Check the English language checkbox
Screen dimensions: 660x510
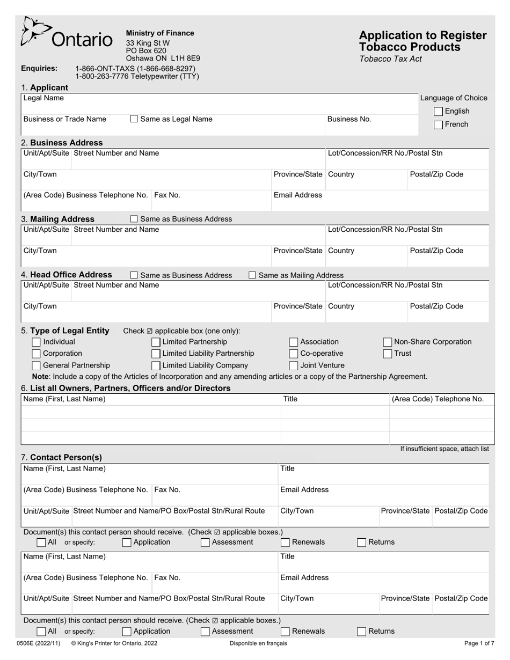click(439, 112)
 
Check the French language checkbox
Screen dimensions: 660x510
click(439, 125)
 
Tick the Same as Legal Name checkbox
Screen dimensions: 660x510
click(134, 119)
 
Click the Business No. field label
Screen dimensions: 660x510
click(349, 119)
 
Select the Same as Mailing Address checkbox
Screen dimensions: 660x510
click(252, 275)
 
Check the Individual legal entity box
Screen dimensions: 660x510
click(36, 342)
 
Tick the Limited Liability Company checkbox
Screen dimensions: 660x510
click(156, 365)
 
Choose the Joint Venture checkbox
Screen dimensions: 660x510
click(294, 365)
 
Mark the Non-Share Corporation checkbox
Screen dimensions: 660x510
click(388, 342)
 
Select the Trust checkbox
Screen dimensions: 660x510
click(388, 354)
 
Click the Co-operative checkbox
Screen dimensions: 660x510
click(294, 354)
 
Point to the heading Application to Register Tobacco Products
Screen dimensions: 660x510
click(422, 41)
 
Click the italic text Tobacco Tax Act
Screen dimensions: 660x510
click(390, 59)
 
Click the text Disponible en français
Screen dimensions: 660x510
click(258, 643)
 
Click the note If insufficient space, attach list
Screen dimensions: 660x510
click(444, 449)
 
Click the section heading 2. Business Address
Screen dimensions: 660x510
click(61, 143)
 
